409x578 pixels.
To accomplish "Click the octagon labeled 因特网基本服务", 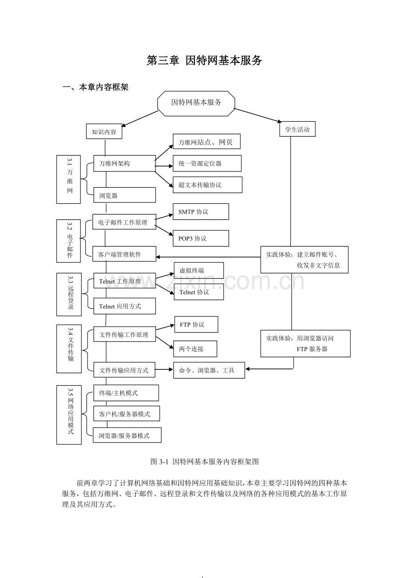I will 196,103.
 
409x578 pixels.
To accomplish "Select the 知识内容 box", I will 104,131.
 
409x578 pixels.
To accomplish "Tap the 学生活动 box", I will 297,129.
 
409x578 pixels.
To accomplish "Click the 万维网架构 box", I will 124,163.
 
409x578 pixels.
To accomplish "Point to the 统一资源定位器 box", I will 207,163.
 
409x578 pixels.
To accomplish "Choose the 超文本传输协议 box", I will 208,185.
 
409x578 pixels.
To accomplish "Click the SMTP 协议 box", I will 201,212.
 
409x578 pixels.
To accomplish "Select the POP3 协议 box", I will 201,238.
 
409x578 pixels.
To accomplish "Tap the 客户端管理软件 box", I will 124,254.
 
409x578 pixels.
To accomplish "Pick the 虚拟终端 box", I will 199,270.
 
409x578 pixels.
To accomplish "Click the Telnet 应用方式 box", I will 124,306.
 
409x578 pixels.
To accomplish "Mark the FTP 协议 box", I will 196,325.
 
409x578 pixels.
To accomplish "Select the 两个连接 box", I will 195,349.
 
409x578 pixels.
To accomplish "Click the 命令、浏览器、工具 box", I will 209,370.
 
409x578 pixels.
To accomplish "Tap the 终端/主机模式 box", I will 126,393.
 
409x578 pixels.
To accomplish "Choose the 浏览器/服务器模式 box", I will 127,435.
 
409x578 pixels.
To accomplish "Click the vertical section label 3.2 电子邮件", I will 69,241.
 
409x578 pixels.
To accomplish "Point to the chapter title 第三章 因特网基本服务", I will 204,61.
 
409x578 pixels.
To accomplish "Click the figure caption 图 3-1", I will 204,462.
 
